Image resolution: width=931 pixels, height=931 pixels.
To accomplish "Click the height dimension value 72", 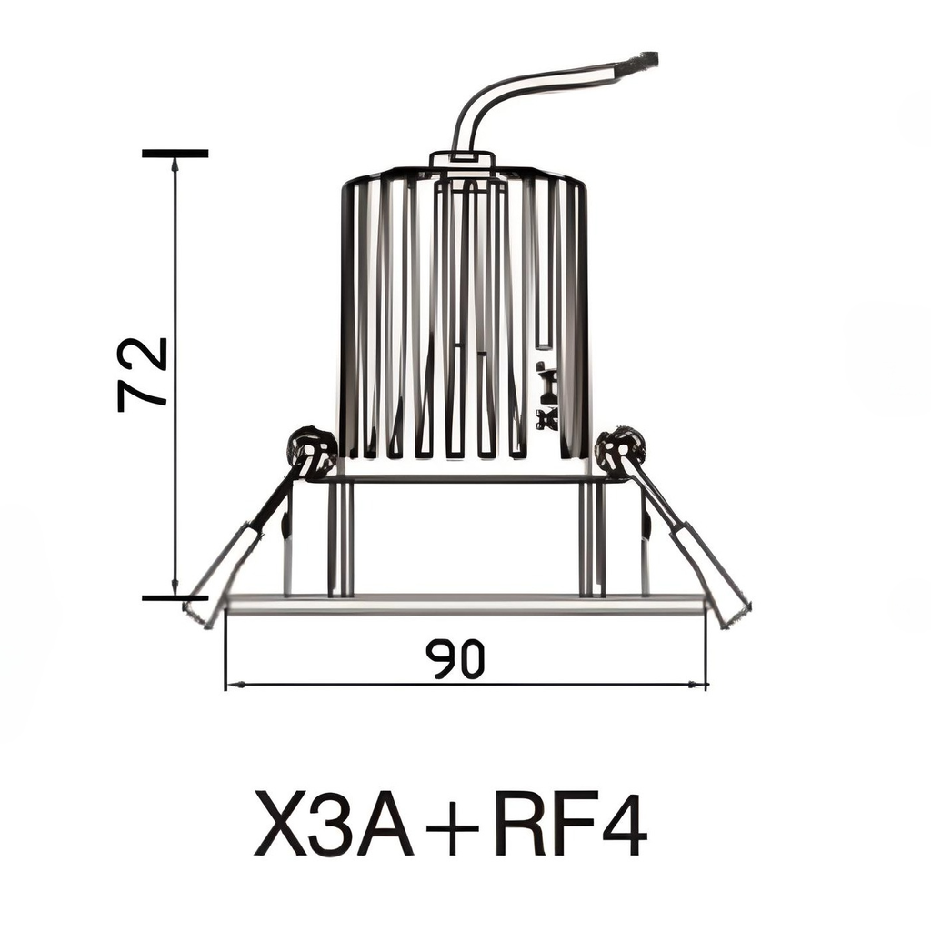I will (x=144, y=374).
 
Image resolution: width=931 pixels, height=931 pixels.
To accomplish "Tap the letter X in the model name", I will (x=279, y=824).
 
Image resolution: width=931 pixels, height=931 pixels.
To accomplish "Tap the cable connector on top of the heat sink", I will (x=462, y=161).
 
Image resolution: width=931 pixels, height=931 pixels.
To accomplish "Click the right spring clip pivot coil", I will (x=620, y=447).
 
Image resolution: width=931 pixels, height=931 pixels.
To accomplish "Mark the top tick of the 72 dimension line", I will (x=175, y=154).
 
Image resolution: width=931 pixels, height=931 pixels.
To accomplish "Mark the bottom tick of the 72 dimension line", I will (x=175, y=597).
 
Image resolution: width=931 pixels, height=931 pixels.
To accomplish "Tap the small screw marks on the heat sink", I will (x=546, y=395).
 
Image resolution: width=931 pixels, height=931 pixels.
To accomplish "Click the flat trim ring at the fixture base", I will (x=464, y=604).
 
